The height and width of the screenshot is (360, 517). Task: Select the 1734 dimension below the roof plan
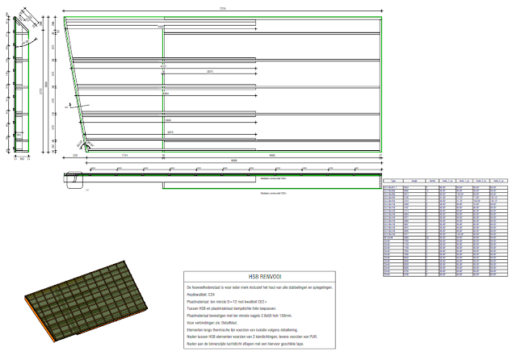pos(124,154)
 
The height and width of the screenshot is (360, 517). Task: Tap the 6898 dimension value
pos(233,160)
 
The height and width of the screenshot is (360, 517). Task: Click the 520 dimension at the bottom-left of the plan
pos(76,154)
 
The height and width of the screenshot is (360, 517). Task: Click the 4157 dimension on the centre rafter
pos(163,89)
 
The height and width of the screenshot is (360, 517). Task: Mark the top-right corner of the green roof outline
pos(380,17)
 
